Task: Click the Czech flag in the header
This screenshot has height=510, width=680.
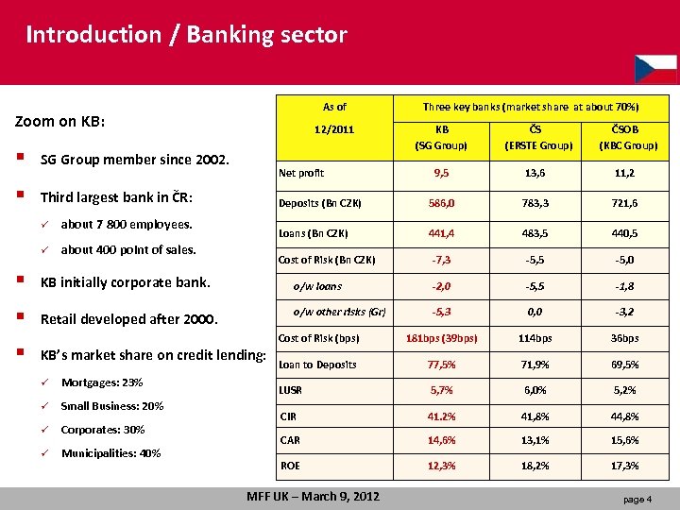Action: click(x=655, y=68)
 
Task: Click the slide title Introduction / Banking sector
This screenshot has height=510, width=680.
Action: click(x=186, y=36)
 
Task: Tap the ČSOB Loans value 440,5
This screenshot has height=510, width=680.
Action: click(x=624, y=233)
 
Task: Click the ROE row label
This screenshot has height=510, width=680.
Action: click(x=290, y=466)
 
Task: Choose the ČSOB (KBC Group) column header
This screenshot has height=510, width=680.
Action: click(x=624, y=138)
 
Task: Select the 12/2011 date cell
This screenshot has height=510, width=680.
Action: click(x=333, y=129)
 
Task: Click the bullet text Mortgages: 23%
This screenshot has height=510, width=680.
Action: click(x=102, y=382)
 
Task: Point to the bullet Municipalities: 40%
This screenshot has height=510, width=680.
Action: click(x=110, y=453)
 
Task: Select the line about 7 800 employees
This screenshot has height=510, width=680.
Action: click(x=127, y=225)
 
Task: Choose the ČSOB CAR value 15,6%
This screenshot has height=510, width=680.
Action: click(x=624, y=440)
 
